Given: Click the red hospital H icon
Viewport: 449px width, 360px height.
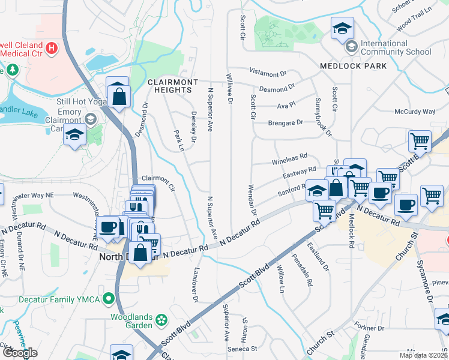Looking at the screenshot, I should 52,47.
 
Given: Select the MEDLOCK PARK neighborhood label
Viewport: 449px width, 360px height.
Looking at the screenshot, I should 353,66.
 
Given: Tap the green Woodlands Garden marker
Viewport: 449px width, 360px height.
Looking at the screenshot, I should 161,320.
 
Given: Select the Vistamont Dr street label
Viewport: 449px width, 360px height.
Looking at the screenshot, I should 268,73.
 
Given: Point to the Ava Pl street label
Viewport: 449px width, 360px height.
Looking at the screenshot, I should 286,105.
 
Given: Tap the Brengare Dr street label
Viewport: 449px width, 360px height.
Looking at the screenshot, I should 286,123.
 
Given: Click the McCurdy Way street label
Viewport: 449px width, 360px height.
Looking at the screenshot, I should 414,112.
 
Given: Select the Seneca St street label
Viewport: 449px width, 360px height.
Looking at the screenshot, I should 242,348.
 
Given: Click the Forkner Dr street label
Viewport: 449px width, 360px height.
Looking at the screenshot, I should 370,328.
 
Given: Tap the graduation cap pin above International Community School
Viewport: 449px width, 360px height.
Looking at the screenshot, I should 342,29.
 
